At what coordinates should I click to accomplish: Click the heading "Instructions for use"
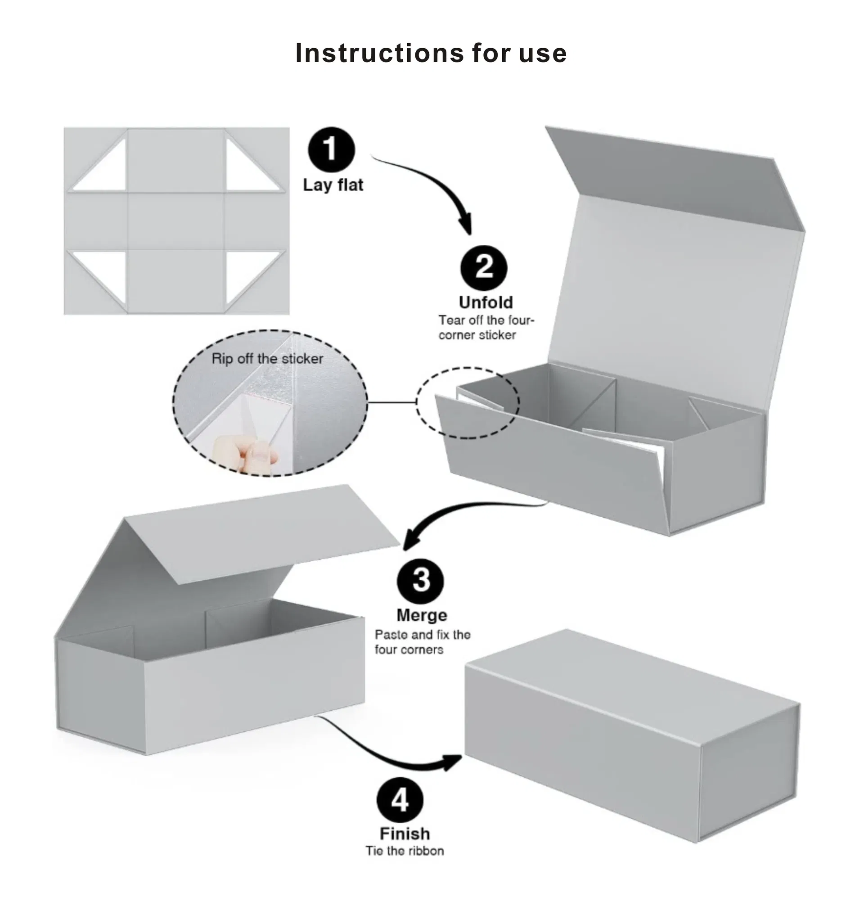click(431, 53)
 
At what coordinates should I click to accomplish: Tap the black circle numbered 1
click(331, 149)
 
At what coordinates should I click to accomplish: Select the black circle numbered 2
click(484, 267)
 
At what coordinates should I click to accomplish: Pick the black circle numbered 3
click(420, 581)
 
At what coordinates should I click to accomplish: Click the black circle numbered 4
click(400, 800)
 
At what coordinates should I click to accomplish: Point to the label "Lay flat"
click(333, 185)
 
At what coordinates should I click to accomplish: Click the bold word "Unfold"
click(486, 302)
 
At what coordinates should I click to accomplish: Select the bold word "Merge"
click(421, 615)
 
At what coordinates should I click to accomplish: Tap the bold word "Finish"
click(405, 834)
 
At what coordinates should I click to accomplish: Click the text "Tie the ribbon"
click(405, 851)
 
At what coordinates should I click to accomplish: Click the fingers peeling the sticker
click(246, 454)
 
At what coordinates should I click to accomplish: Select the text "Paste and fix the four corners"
click(423, 642)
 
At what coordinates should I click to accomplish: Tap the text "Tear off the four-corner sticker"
click(486, 327)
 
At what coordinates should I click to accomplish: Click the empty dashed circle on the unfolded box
click(468, 403)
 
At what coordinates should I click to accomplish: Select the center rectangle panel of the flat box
click(175, 221)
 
